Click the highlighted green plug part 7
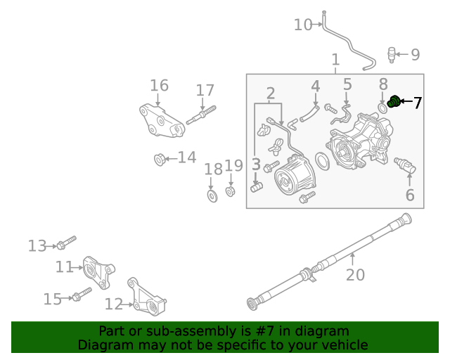click(x=394, y=102)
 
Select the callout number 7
click(x=418, y=103)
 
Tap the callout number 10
click(x=302, y=25)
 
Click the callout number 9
click(x=415, y=54)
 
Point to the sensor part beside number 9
click(x=392, y=54)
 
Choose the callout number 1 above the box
click(x=335, y=60)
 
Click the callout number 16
click(x=159, y=86)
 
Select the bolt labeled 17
click(x=201, y=115)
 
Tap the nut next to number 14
click(x=160, y=160)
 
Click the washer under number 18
click(x=212, y=194)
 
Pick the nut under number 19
click(x=230, y=191)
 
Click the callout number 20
click(x=355, y=274)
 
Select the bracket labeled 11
click(x=99, y=271)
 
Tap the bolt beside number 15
click(x=81, y=294)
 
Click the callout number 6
click(x=409, y=195)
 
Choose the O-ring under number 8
click(x=382, y=108)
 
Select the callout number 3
click(x=256, y=165)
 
